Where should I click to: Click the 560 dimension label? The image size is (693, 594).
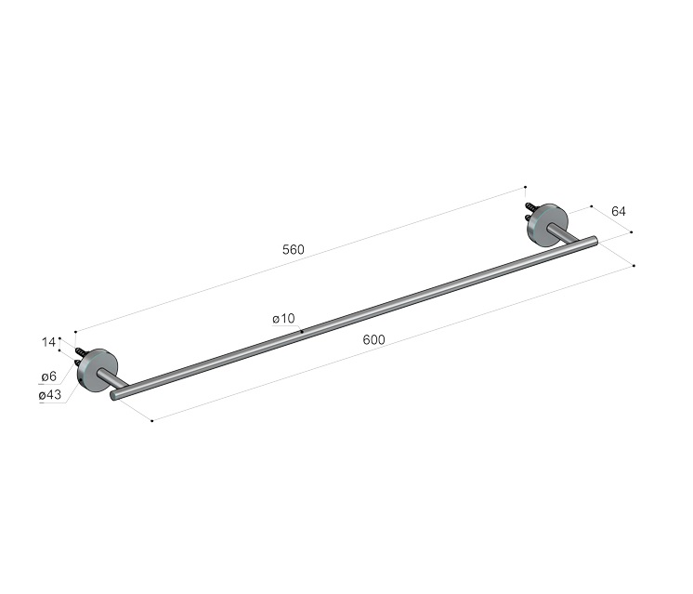pyautogui.click(x=294, y=250)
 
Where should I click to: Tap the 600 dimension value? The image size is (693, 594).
pyautogui.click(x=373, y=339)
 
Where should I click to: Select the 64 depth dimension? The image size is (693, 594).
pyautogui.click(x=619, y=211)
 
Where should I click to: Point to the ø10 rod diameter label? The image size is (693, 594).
pyautogui.click(x=283, y=319)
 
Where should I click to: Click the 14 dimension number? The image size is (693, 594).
pyautogui.click(x=48, y=342)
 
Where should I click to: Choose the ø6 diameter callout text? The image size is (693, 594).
pyautogui.click(x=49, y=376)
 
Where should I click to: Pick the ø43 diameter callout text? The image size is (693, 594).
pyautogui.click(x=50, y=395)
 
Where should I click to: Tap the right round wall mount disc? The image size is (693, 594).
pyautogui.click(x=548, y=226)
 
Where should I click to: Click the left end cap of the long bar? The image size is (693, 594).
pyautogui.click(x=113, y=395)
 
